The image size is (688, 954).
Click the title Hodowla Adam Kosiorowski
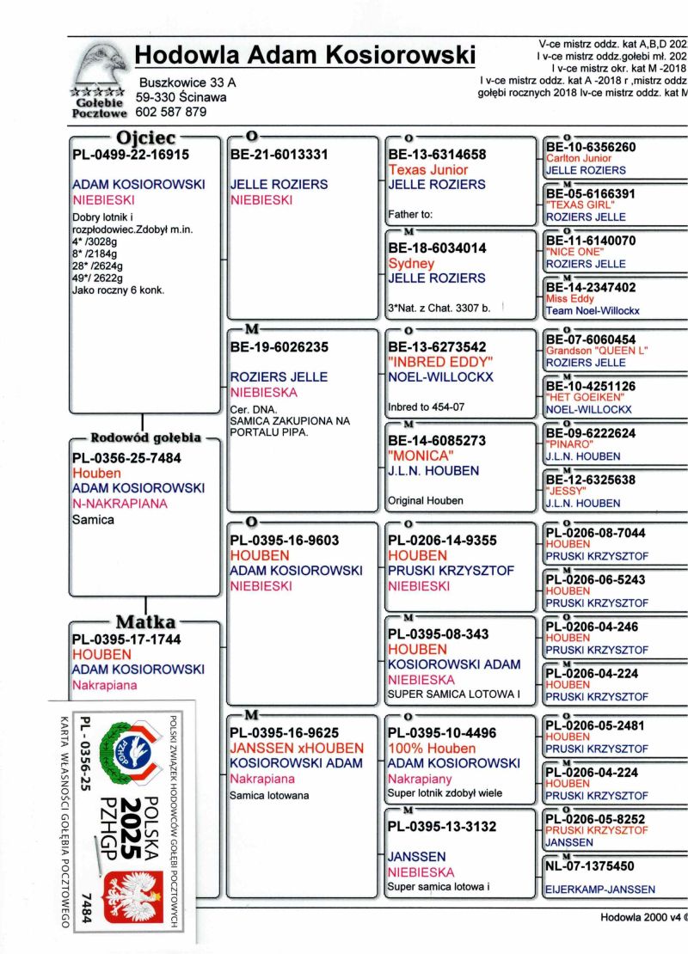coord(305,55)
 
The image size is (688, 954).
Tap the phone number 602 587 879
coord(171,112)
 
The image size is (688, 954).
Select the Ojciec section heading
coord(145,138)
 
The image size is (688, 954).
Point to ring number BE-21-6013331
coord(279,155)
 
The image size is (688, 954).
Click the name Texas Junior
coord(428,170)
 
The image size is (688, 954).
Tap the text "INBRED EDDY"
coord(440,361)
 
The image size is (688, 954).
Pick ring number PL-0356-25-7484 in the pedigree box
coord(127,458)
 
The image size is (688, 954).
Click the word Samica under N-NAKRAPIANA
coord(94,520)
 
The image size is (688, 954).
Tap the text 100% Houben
coord(432,749)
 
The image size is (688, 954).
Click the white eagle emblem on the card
coord(132,894)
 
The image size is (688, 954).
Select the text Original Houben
coord(425,500)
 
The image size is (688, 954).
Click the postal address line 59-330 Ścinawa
coord(181,98)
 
